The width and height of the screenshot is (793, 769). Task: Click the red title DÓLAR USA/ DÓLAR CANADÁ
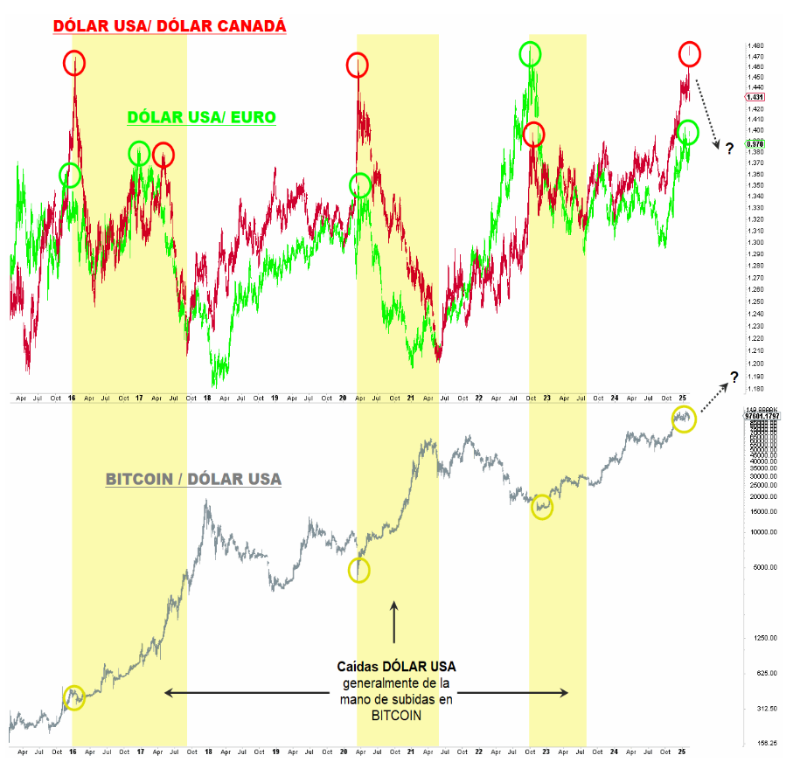coord(170,27)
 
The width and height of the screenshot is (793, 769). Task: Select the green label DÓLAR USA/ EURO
coord(202,117)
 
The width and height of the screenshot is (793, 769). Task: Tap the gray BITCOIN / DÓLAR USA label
coord(193,479)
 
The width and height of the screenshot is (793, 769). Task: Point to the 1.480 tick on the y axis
coord(756,46)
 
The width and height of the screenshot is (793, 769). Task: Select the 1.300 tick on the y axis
coord(756,242)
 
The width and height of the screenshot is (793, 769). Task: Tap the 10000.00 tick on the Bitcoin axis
coord(761,532)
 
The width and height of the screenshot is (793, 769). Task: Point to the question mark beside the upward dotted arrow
coord(734,377)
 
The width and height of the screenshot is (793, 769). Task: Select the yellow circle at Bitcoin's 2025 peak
coord(684,419)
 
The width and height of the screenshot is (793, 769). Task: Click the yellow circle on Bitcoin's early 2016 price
coord(75,697)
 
